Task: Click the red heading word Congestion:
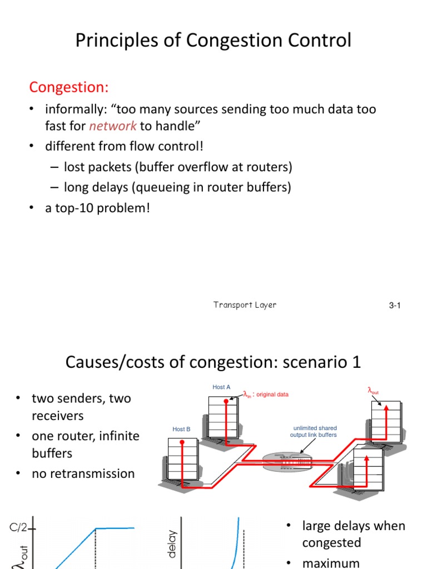69,87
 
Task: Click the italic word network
113,126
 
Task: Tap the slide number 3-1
395,306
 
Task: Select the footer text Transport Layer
245,305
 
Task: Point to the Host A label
221,387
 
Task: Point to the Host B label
181,429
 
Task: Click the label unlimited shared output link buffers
313,431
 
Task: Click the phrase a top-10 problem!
98,208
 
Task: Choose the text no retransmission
83,473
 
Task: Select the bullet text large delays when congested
354,534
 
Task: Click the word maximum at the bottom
331,562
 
